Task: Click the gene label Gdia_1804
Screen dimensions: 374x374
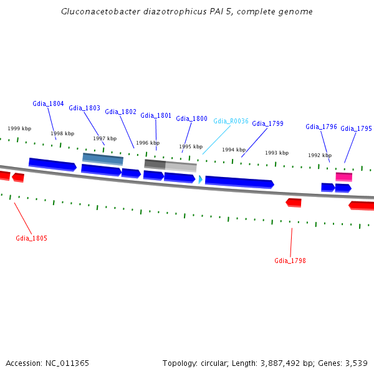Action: [48, 103]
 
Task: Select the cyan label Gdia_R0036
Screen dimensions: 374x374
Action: [231, 121]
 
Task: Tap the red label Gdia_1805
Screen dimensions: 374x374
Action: [31, 238]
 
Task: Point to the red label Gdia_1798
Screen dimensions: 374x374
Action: [290, 261]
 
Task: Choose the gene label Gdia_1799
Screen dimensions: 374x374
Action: [267, 123]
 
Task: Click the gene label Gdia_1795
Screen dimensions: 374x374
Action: [356, 128]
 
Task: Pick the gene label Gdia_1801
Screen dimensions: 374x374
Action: [156, 115]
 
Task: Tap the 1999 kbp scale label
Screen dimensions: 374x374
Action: [19, 128]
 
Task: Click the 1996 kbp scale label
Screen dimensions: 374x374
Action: [148, 143]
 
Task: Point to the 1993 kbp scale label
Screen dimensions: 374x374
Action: [276, 153]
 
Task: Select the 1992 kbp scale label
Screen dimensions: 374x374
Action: [319, 155]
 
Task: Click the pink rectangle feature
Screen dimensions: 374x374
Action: [343, 177]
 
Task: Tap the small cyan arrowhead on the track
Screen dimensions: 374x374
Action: [200, 180]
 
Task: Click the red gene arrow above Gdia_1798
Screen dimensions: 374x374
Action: [294, 203]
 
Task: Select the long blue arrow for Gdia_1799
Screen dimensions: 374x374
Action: [239, 182]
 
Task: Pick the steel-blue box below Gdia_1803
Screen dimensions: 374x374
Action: [103, 158]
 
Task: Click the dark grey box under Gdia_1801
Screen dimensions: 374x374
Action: [155, 164]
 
